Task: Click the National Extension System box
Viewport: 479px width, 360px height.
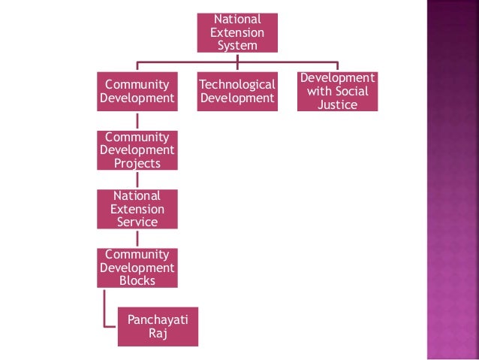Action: (236, 33)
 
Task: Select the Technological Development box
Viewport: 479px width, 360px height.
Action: (236, 91)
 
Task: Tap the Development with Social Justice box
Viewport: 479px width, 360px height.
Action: (336, 91)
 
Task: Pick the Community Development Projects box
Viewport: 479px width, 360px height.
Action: (137, 150)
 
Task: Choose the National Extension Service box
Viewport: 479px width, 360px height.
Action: (137, 208)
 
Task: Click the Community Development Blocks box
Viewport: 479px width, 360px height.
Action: (137, 268)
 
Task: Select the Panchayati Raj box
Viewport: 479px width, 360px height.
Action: (158, 326)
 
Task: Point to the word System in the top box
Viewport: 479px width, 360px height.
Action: (236, 46)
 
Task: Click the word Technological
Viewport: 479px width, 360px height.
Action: (236, 84)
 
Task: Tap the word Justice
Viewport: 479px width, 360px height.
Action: (336, 104)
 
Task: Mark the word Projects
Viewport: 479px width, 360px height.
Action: (137, 163)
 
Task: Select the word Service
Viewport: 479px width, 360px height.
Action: (137, 222)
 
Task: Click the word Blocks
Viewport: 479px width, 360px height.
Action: (137, 280)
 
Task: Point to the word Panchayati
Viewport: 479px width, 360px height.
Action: (158, 320)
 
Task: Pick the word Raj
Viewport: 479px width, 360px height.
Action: (158, 334)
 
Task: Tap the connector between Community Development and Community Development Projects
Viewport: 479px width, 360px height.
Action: (137, 120)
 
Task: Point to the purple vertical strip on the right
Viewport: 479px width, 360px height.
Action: (452, 180)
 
